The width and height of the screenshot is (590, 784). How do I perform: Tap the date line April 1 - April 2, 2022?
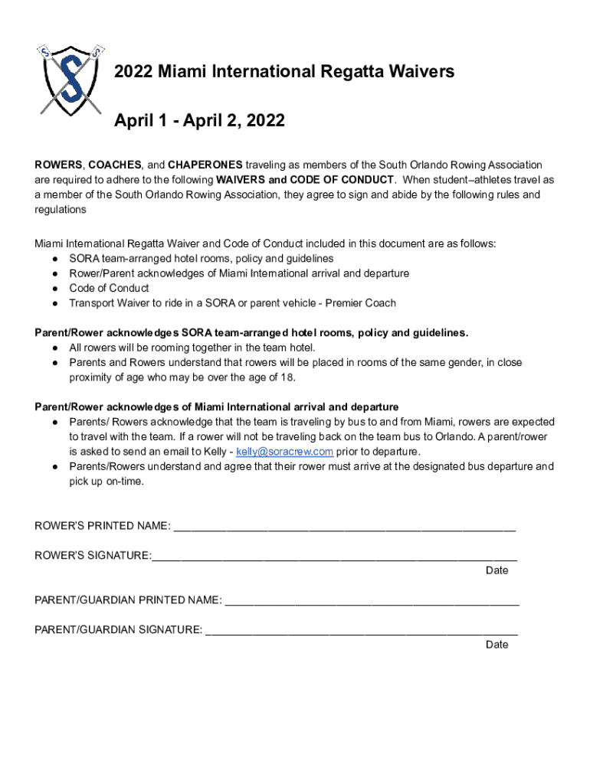pyautogui.click(x=199, y=121)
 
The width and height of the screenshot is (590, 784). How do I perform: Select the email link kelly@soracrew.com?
pyautogui.click(x=285, y=452)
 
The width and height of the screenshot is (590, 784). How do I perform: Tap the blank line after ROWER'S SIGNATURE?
pyautogui.click(x=334, y=557)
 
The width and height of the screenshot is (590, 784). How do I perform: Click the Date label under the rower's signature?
pyautogui.click(x=497, y=570)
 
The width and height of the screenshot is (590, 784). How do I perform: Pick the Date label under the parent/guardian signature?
pyautogui.click(x=497, y=645)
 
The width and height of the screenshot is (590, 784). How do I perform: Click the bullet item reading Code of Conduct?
pyautogui.click(x=109, y=289)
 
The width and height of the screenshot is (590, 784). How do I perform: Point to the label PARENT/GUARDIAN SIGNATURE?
pyautogui.click(x=119, y=630)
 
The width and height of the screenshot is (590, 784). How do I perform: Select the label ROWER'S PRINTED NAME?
pyautogui.click(x=103, y=526)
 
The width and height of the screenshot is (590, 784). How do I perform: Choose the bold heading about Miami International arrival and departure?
pyautogui.click(x=217, y=407)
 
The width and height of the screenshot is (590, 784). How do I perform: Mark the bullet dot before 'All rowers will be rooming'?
pyautogui.click(x=57, y=348)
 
